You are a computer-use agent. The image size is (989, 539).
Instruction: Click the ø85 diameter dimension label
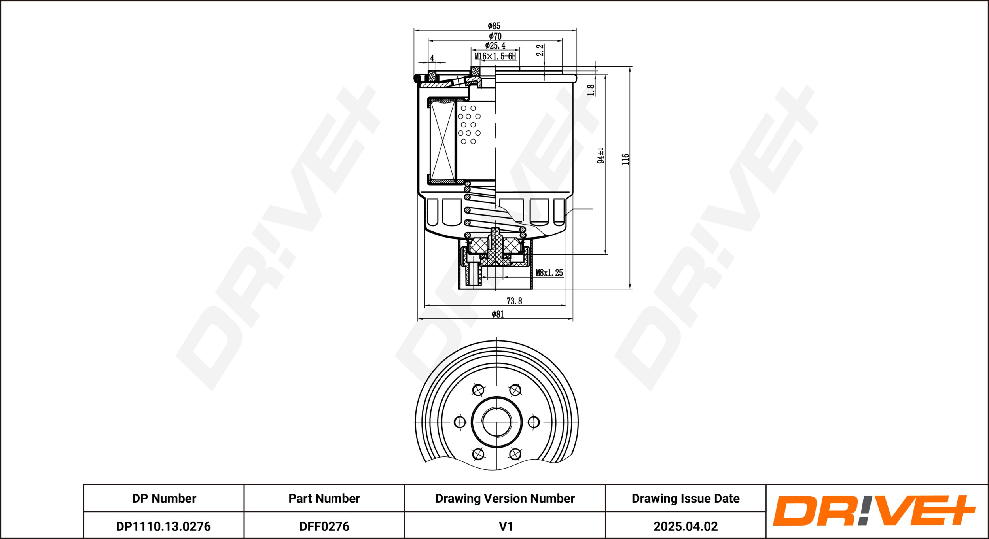click(494, 26)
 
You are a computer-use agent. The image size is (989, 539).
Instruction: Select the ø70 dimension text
click(495, 36)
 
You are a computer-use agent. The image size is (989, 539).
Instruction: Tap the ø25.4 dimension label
click(495, 46)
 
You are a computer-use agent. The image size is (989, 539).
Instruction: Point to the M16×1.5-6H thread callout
click(495, 56)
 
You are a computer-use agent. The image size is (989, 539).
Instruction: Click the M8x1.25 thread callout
click(549, 272)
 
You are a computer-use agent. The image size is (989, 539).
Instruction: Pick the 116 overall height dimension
click(625, 159)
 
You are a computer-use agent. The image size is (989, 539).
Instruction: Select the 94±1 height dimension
click(601, 155)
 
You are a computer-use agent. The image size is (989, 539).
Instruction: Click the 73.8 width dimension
click(514, 301)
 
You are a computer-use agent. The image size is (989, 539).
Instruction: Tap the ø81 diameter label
click(498, 314)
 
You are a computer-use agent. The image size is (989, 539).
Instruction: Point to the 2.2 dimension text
click(540, 50)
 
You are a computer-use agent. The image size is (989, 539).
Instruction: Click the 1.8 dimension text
click(591, 90)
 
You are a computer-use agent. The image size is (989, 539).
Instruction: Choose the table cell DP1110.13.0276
click(163, 526)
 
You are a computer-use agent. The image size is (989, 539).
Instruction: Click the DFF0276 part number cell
click(324, 526)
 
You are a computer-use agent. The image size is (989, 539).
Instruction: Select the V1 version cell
click(506, 526)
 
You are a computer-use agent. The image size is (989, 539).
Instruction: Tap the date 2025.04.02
click(686, 526)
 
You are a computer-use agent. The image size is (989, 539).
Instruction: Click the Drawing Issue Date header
click(686, 498)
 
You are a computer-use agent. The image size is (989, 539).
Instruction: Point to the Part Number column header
click(324, 498)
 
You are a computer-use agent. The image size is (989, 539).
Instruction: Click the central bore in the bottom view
click(497, 422)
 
